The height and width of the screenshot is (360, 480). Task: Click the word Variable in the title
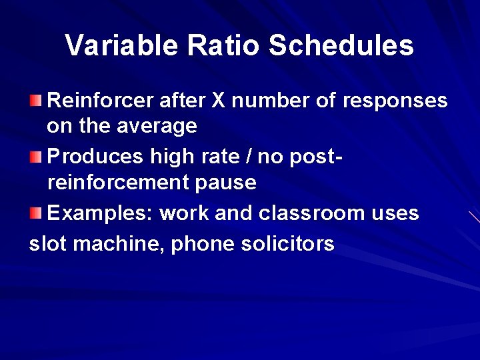[122, 45]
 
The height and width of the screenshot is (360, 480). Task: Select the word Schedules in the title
[341, 45]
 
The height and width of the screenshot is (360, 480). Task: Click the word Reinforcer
[101, 101]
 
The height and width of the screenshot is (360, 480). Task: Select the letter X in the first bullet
[218, 101]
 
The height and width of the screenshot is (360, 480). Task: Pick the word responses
[395, 101]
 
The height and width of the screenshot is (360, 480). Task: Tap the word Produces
[96, 157]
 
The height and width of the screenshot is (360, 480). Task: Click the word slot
[48, 244]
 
